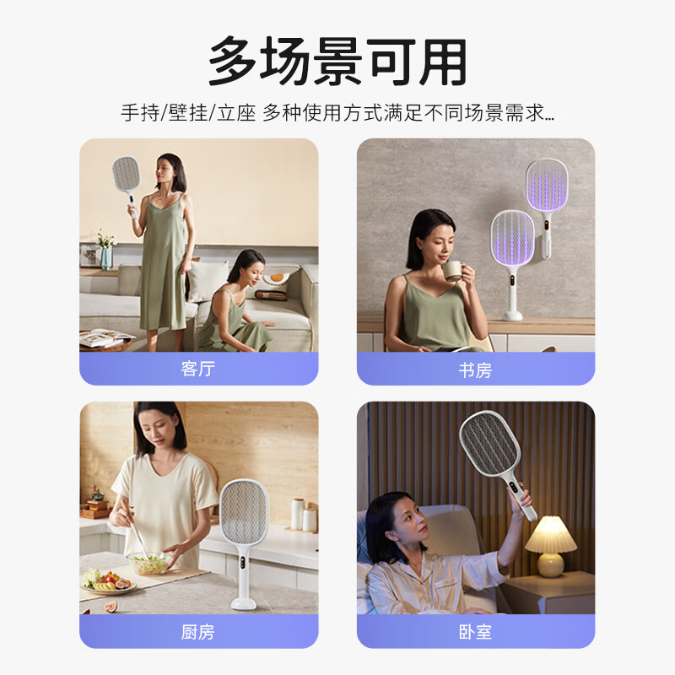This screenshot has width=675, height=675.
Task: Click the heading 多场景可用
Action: click(x=337, y=61)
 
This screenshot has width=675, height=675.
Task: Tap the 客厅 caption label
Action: click(x=198, y=369)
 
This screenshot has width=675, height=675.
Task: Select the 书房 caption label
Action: click(x=475, y=370)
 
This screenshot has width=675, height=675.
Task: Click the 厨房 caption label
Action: click(x=198, y=632)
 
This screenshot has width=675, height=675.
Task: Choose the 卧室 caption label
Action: click(x=475, y=632)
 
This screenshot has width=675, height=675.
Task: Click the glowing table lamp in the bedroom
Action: click(x=551, y=545)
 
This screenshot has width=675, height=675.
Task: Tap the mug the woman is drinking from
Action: click(x=453, y=271)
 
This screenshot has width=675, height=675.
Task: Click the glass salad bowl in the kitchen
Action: click(x=149, y=563)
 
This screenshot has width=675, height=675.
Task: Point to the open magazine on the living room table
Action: click(x=105, y=337)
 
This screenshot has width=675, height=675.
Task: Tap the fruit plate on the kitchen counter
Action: click(x=108, y=582)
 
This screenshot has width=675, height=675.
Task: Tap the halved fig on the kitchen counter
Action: click(x=111, y=607)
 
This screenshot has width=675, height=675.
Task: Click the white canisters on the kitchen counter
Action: click(x=304, y=515)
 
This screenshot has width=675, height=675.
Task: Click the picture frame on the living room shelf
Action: click(x=90, y=255)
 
